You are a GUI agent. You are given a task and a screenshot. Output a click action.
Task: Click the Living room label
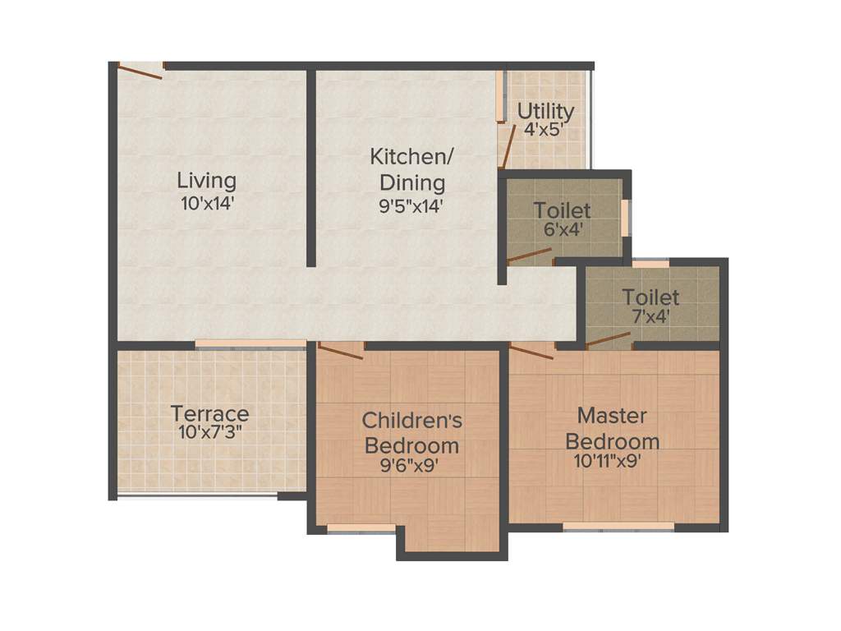tap(207, 180)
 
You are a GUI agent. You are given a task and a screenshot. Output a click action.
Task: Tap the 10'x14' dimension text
tap(208, 203)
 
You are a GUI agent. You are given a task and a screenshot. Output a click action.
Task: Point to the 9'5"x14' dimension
tap(411, 206)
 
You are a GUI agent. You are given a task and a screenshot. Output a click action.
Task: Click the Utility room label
tap(545, 110)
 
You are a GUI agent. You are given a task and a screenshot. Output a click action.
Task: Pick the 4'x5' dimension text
tap(544, 130)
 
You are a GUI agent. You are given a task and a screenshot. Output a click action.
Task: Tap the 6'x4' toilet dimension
tap(562, 230)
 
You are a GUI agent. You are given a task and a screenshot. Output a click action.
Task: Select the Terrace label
tap(209, 412)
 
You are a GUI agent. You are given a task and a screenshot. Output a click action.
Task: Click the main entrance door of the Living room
tap(140, 71)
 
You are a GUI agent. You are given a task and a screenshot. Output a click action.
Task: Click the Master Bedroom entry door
tap(532, 351)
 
